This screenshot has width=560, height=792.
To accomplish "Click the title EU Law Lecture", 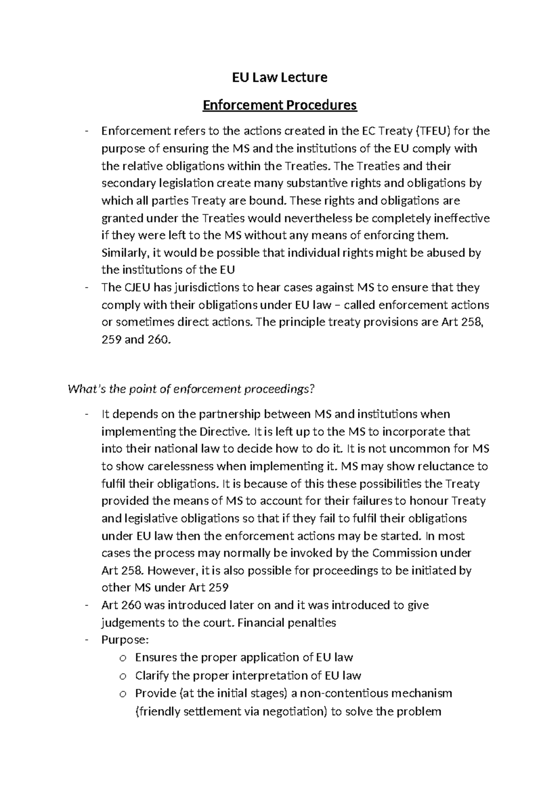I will (280, 77).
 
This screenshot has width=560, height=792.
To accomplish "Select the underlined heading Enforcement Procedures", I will (280, 106).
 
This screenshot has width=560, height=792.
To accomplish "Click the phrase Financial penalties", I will (293, 623).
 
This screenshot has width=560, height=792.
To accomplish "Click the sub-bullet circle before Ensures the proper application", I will (122, 658).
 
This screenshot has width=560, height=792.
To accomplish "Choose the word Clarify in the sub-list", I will (152, 676).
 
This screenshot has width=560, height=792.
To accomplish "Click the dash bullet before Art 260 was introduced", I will (87, 606).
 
